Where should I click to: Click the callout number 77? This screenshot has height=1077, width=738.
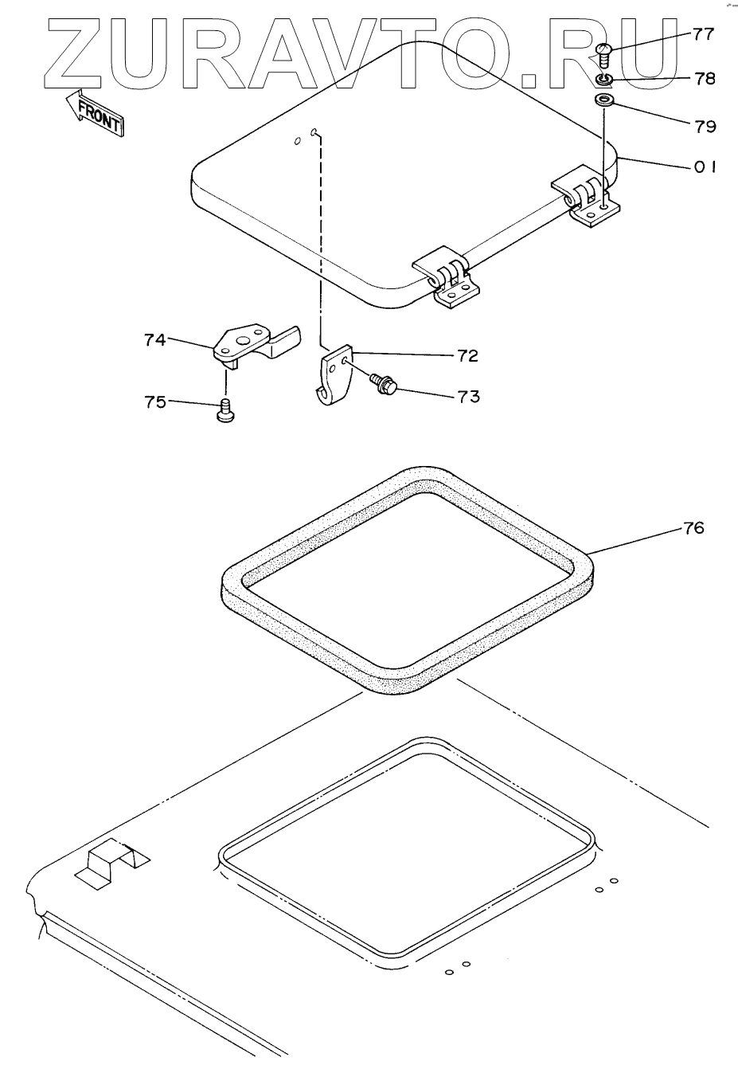point(704,34)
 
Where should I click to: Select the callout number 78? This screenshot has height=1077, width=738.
point(704,79)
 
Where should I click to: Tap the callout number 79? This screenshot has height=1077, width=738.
point(705,126)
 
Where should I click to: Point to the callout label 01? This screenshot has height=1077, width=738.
point(705,167)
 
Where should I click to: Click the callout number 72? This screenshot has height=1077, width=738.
point(468,356)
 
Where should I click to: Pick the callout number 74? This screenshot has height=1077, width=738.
point(155,340)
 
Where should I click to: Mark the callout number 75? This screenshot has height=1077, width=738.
point(155,402)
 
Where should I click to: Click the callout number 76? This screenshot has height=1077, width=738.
point(693,528)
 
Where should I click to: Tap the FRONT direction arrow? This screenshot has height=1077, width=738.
point(94,111)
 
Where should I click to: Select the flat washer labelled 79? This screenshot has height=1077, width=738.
point(604,100)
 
